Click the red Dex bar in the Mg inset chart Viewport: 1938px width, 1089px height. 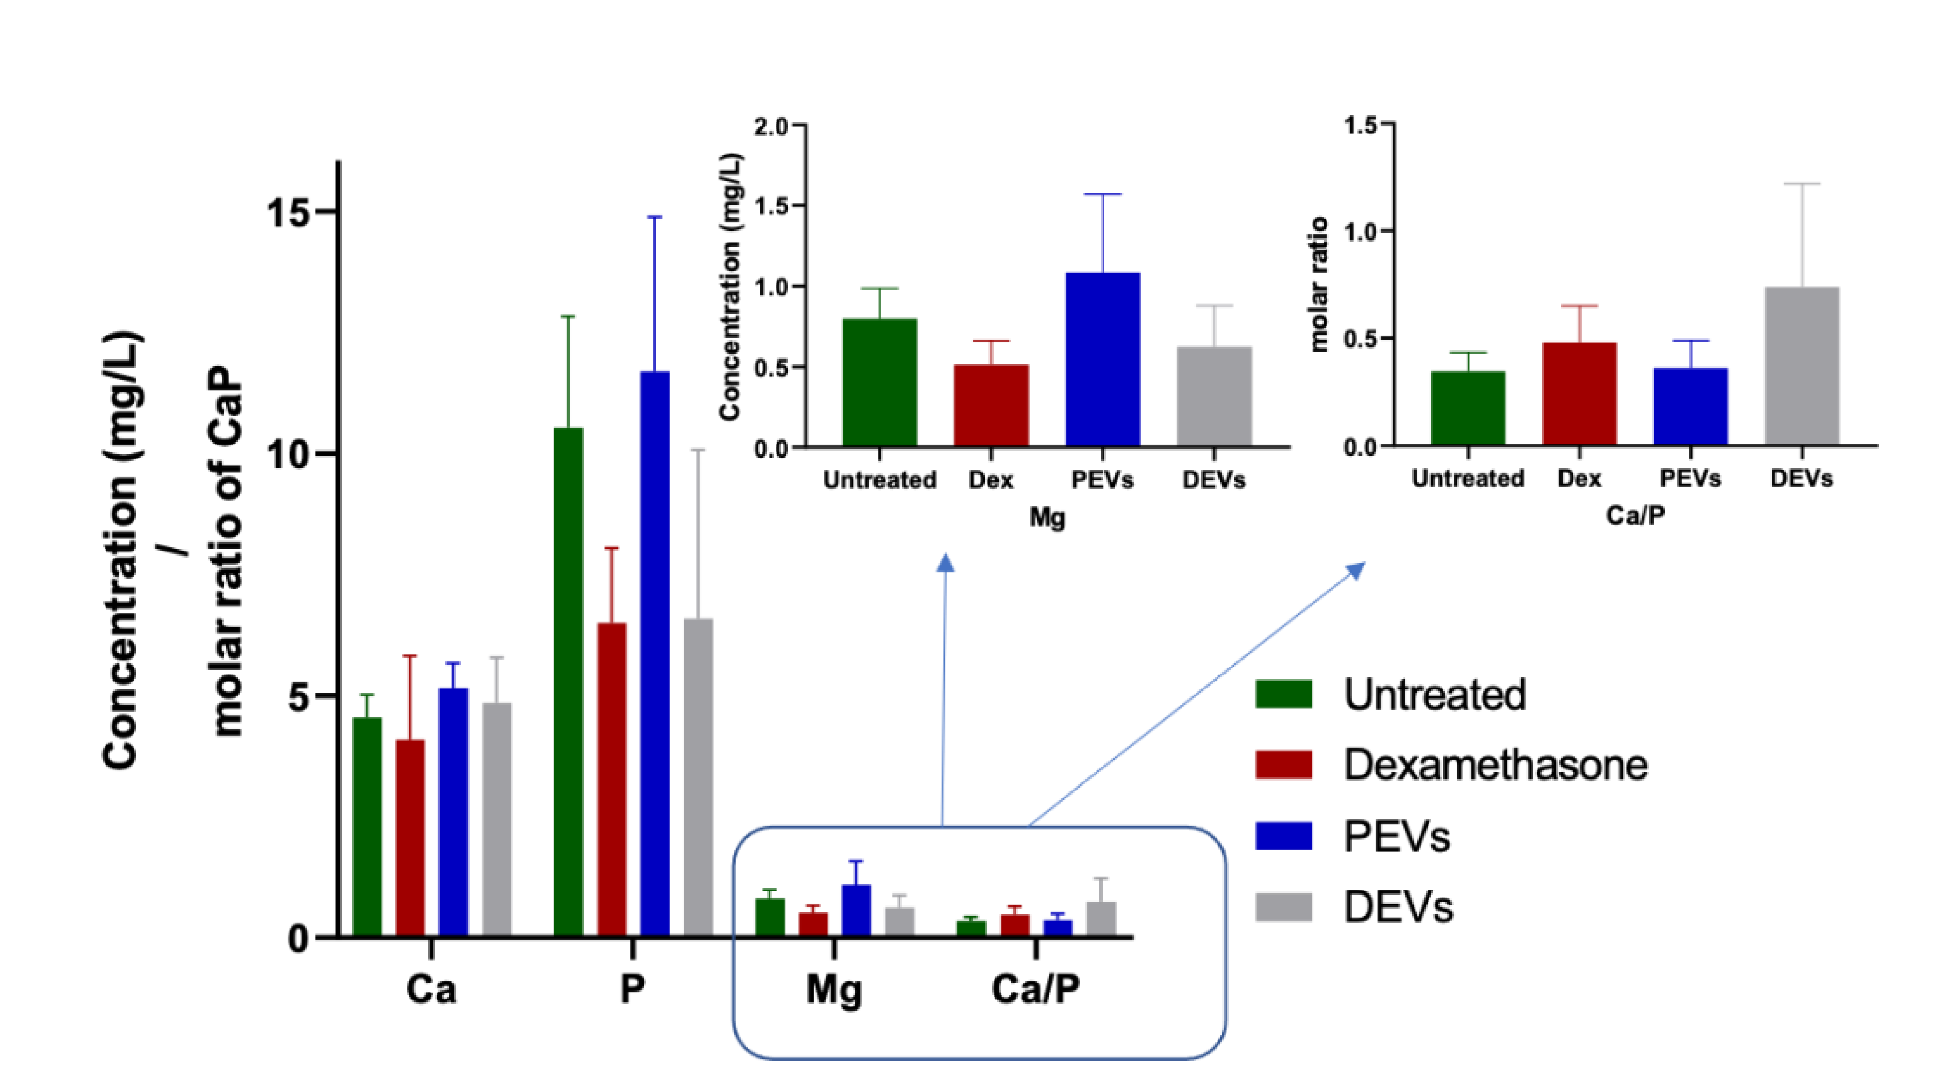pos(991,405)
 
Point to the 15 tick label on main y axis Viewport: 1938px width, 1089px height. pos(289,213)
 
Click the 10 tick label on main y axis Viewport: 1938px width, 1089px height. pos(289,455)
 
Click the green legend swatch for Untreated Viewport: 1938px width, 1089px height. pos(1284,693)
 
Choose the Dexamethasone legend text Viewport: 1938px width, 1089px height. pos(1496,765)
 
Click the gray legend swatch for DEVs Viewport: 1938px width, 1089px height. pos(1284,906)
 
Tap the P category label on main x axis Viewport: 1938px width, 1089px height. pos(633,989)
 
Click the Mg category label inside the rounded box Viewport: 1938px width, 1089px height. pos(834,990)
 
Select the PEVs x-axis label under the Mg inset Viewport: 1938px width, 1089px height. pos(1102,480)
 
